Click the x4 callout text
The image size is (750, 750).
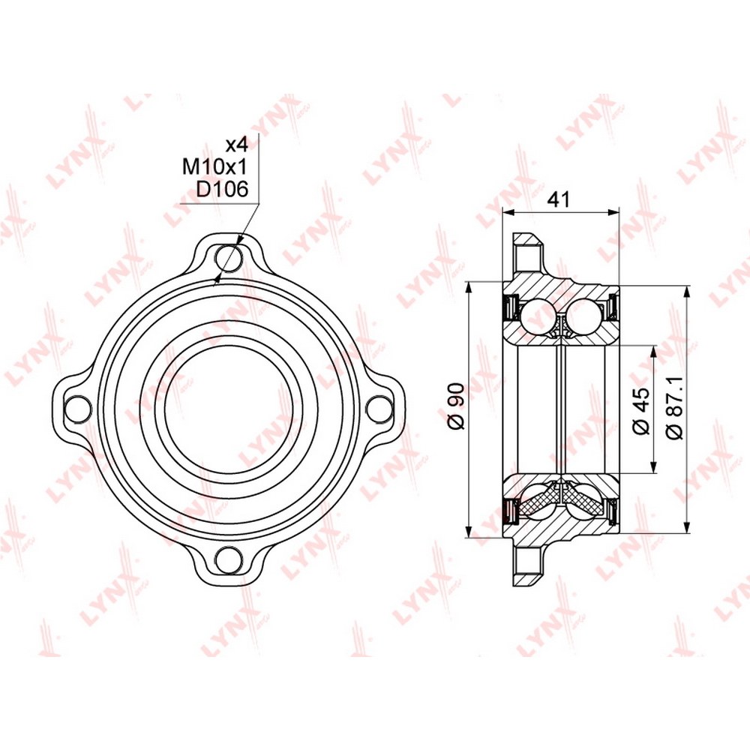[x=236, y=144]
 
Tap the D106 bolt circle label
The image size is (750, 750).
[x=223, y=190]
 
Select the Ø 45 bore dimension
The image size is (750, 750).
[x=641, y=410]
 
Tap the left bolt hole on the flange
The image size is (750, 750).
[x=76, y=409]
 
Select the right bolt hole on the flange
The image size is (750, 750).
[x=379, y=409]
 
